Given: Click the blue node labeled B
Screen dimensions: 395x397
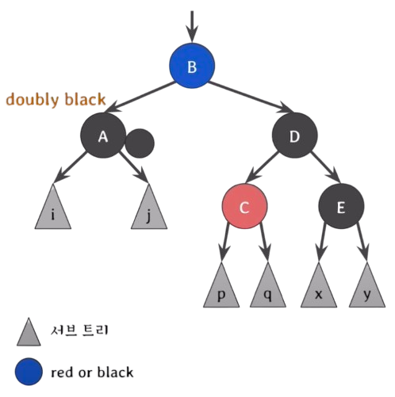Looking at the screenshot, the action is pyautogui.click(x=192, y=66).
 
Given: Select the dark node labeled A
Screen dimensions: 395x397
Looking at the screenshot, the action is pyautogui.click(x=103, y=136).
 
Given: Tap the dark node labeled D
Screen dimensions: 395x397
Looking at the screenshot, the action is pyautogui.click(x=294, y=136).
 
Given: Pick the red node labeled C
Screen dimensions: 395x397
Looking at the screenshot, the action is pyautogui.click(x=244, y=206).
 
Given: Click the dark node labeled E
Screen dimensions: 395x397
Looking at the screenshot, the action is pyautogui.click(x=341, y=206).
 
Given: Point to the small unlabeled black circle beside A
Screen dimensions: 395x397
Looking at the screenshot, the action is pyautogui.click(x=140, y=143).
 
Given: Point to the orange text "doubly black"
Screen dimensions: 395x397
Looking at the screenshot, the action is pyautogui.click(x=56, y=100).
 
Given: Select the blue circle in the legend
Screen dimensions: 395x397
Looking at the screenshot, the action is pyautogui.click(x=29, y=372).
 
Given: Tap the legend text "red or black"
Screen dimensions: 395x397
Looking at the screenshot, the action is pyautogui.click(x=92, y=372).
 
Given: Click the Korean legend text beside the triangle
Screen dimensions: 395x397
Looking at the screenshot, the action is pyautogui.click(x=79, y=330).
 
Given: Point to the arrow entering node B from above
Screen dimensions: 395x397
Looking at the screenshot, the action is pyautogui.click(x=192, y=26).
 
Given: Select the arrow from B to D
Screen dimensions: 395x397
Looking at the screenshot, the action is pyautogui.click(x=251, y=97).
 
